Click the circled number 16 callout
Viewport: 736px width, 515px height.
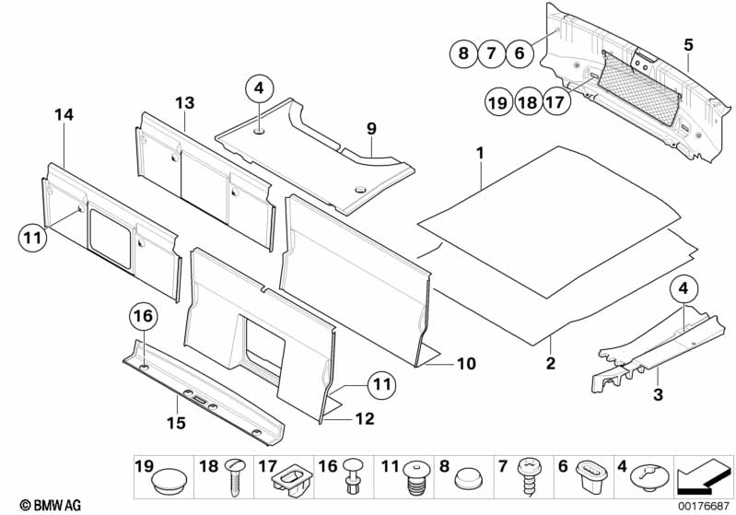click(x=143, y=316)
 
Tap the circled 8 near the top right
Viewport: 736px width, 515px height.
click(x=463, y=53)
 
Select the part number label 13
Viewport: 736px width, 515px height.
click(x=185, y=103)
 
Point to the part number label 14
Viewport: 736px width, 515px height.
click(x=64, y=114)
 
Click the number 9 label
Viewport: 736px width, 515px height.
click(x=371, y=128)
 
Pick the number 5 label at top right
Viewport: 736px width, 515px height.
click(x=688, y=45)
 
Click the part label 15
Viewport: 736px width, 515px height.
click(x=177, y=423)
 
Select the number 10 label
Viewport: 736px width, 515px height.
click(x=466, y=363)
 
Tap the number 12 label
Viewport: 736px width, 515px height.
click(x=365, y=418)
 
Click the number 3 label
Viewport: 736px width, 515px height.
click(x=658, y=394)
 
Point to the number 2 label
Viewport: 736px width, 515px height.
click(x=550, y=362)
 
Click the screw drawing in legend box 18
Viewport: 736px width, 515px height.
click(x=233, y=477)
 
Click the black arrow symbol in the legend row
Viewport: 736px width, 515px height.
click(x=704, y=477)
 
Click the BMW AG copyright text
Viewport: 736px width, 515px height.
click(x=51, y=505)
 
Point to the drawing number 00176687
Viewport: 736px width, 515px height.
click(x=703, y=506)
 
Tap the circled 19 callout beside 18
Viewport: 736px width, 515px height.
click(x=498, y=101)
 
